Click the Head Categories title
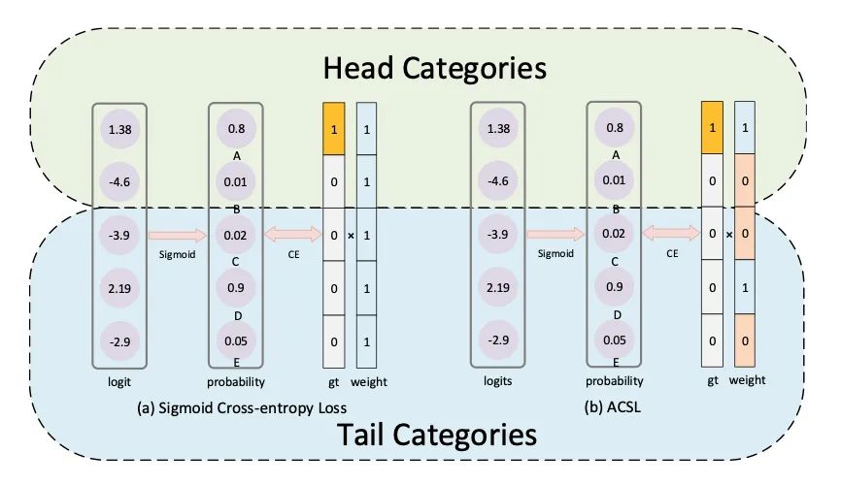click(x=434, y=69)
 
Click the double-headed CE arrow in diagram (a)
click(x=293, y=234)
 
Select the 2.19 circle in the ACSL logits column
click(x=497, y=288)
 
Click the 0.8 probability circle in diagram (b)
click(x=614, y=127)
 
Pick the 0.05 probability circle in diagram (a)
click(x=236, y=341)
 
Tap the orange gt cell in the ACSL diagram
click(x=714, y=127)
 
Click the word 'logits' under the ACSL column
click(x=497, y=381)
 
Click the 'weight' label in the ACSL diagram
click(x=748, y=381)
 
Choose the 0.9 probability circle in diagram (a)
click(x=236, y=288)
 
